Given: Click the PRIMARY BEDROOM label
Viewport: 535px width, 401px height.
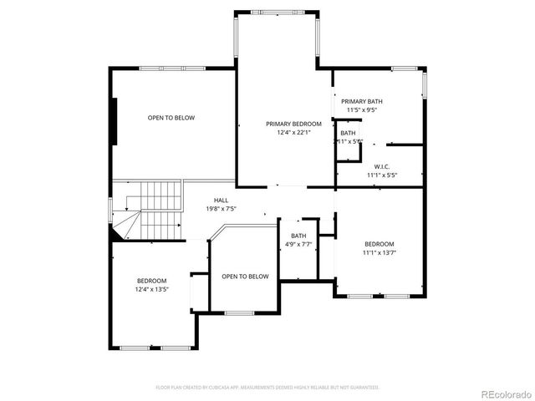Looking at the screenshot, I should (x=282, y=124).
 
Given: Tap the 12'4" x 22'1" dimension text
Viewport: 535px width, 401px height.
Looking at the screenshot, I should (x=282, y=132).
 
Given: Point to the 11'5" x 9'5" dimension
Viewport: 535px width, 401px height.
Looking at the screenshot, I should (x=362, y=109).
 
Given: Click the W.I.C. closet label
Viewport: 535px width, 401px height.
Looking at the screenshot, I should (x=382, y=166).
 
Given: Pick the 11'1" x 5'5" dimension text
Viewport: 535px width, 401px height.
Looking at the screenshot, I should (x=381, y=175).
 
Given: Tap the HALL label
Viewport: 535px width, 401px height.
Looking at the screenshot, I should (x=221, y=200).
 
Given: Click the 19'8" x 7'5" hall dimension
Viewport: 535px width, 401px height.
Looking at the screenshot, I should (x=221, y=208).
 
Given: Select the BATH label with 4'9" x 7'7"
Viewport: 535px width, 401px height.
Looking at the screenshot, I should (x=298, y=236).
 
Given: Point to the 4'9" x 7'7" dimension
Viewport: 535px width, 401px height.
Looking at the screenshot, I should (x=298, y=245).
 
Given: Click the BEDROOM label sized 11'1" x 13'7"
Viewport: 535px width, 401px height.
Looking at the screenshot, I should (x=379, y=243).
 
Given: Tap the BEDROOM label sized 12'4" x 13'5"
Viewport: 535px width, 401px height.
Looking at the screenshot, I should (x=152, y=281).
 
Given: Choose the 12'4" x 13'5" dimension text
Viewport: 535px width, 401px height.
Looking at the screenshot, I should (x=152, y=289).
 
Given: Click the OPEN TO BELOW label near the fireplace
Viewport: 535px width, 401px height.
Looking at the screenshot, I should (x=171, y=118).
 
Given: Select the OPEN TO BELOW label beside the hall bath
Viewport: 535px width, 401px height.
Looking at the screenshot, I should (x=245, y=277).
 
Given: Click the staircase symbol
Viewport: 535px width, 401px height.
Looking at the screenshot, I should (x=155, y=209).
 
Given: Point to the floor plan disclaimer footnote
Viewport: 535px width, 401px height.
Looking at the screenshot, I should (x=267, y=388).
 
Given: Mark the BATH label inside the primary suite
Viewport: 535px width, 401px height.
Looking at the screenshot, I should (x=348, y=133).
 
